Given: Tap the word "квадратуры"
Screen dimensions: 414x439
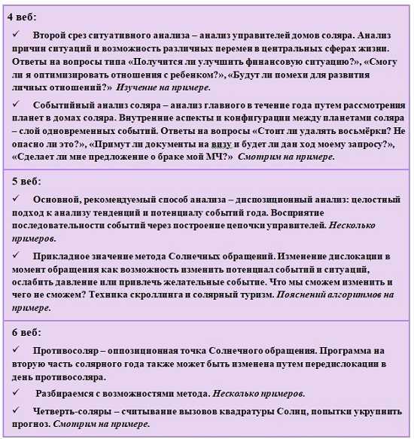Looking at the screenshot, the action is click(x=226, y=411).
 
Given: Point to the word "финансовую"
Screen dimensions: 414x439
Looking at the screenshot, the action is click(x=272, y=60).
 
